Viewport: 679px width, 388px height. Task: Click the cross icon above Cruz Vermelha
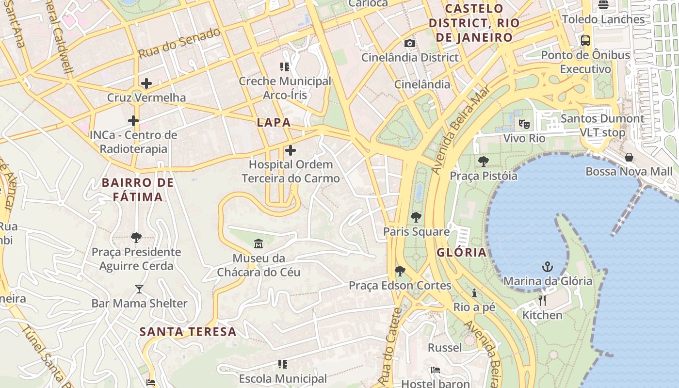coord(146,83)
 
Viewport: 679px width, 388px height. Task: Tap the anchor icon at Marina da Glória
coord(547,267)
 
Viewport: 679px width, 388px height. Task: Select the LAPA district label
coord(274,122)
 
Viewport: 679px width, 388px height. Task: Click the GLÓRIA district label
coord(461,252)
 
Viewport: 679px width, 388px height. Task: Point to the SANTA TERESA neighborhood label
coord(188,332)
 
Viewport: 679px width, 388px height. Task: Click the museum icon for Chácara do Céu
coord(258,243)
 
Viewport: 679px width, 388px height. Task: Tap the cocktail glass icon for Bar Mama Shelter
coord(139,289)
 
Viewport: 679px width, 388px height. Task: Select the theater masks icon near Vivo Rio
coord(524,124)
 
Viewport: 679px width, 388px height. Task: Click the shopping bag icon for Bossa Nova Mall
coord(629,157)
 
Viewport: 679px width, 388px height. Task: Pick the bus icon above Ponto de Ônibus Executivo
coord(585,41)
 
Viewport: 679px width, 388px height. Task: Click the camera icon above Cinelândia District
coord(410,43)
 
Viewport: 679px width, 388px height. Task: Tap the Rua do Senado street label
coord(179,44)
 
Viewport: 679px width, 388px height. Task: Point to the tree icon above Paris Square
coord(416,217)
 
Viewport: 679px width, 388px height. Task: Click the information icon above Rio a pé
coord(474,293)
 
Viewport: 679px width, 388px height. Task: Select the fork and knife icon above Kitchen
coord(542,301)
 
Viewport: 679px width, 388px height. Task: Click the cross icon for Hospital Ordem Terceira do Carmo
coord(290,150)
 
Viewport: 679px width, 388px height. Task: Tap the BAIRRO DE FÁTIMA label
coord(138,190)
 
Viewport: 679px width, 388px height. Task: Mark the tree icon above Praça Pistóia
coord(483,162)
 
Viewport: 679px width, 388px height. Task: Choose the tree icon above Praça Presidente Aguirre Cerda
coord(136,238)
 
